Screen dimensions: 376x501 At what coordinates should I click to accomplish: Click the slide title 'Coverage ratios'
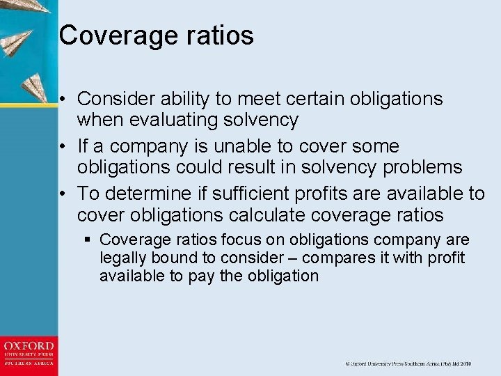coord(156,35)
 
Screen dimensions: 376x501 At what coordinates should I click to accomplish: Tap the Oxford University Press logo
coord(29,354)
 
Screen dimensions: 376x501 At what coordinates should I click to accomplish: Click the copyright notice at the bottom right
coord(408,363)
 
